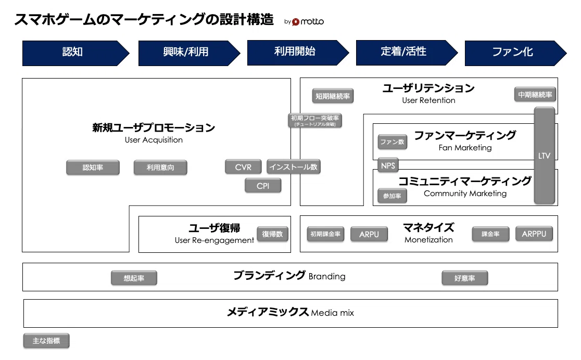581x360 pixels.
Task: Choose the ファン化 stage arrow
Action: click(x=515, y=53)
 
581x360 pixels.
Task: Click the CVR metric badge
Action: click(x=243, y=167)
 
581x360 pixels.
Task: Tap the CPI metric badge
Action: click(x=263, y=186)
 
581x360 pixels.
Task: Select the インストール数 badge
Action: click(x=294, y=167)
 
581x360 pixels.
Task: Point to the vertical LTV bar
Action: click(x=545, y=156)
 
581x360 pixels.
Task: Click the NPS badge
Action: click(x=388, y=165)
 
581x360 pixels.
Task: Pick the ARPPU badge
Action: click(x=534, y=234)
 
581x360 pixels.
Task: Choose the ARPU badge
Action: click(x=369, y=234)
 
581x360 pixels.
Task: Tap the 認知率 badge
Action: click(x=93, y=168)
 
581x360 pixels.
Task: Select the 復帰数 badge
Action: click(x=272, y=234)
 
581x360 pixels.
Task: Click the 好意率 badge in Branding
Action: click(x=465, y=278)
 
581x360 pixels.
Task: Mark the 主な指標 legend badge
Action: click(x=46, y=341)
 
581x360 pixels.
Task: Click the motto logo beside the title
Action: click(x=308, y=22)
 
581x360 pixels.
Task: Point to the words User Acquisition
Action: click(x=154, y=140)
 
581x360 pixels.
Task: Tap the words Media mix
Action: click(x=332, y=313)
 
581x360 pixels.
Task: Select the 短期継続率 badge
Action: click(x=333, y=96)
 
